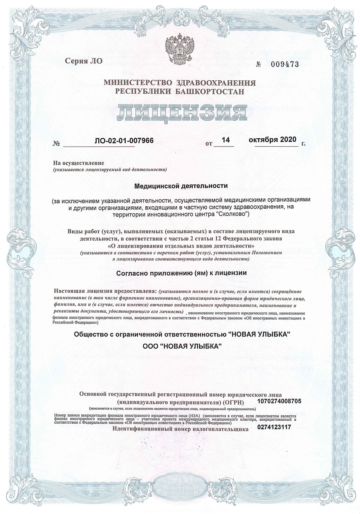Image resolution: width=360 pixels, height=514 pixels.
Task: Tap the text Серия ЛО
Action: (x=84, y=61)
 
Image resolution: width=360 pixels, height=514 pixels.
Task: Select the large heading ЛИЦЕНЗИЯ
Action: (x=180, y=113)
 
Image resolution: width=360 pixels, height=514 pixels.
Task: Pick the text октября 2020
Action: (x=272, y=140)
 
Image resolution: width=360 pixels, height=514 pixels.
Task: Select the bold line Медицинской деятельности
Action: (x=181, y=186)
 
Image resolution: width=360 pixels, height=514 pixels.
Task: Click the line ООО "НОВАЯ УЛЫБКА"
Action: (x=182, y=346)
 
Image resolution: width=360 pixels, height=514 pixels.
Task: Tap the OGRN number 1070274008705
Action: (x=280, y=401)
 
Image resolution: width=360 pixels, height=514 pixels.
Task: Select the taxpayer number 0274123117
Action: (x=274, y=427)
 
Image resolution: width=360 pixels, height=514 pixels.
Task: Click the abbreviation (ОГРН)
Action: (x=233, y=402)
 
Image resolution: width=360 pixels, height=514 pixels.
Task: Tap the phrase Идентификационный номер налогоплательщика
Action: (x=180, y=429)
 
